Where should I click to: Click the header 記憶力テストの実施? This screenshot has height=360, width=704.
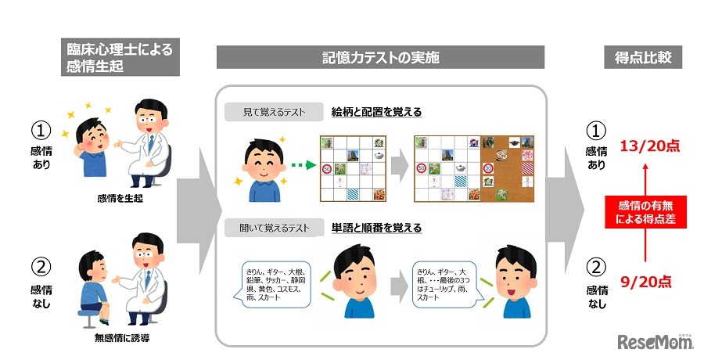coord(380,57)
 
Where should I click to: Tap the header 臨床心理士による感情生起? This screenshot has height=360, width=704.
coord(120,57)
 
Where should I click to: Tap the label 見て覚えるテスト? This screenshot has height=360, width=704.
coord(275,112)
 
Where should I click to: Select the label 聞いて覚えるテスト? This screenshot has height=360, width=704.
coord(275,229)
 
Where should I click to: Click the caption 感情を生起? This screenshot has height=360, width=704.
coord(120,199)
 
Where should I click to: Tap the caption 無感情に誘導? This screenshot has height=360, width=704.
coord(120,338)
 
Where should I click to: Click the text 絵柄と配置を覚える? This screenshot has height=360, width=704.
coord(376,112)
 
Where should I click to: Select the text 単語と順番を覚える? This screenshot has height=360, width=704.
coord(376,229)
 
